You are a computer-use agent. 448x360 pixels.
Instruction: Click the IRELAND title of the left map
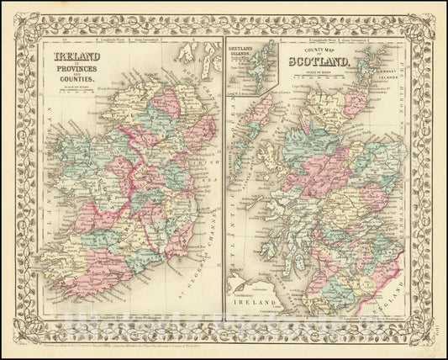[71, 57]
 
